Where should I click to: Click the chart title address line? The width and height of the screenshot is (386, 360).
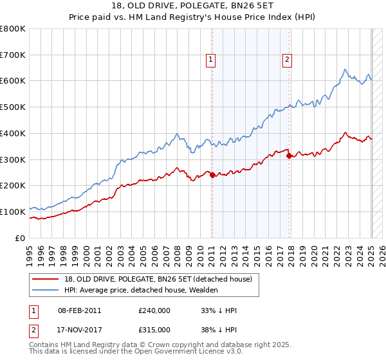click(192, 6)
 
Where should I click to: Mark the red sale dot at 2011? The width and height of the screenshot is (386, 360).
click(212, 175)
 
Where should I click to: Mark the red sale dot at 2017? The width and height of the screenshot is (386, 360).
click(289, 155)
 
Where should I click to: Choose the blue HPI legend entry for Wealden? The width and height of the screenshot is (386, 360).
click(141, 290)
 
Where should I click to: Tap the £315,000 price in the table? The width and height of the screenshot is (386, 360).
click(154, 329)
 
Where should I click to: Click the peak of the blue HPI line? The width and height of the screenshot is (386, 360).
click(345, 69)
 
